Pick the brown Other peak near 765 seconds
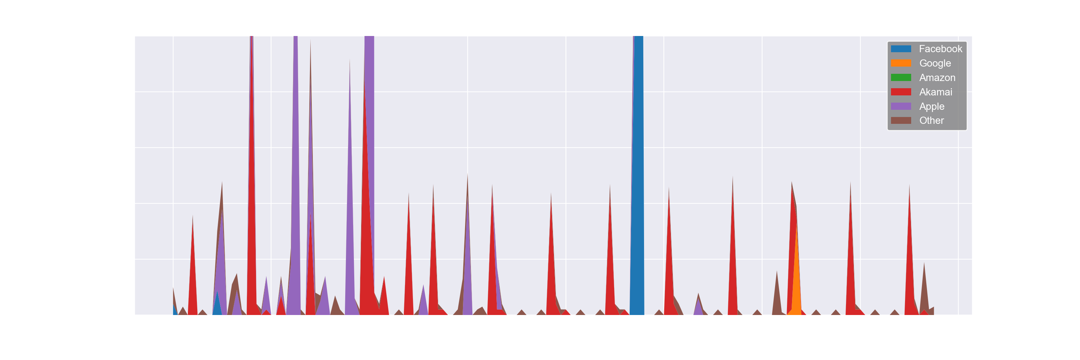click(924, 285)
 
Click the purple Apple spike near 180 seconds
click(350, 210)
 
